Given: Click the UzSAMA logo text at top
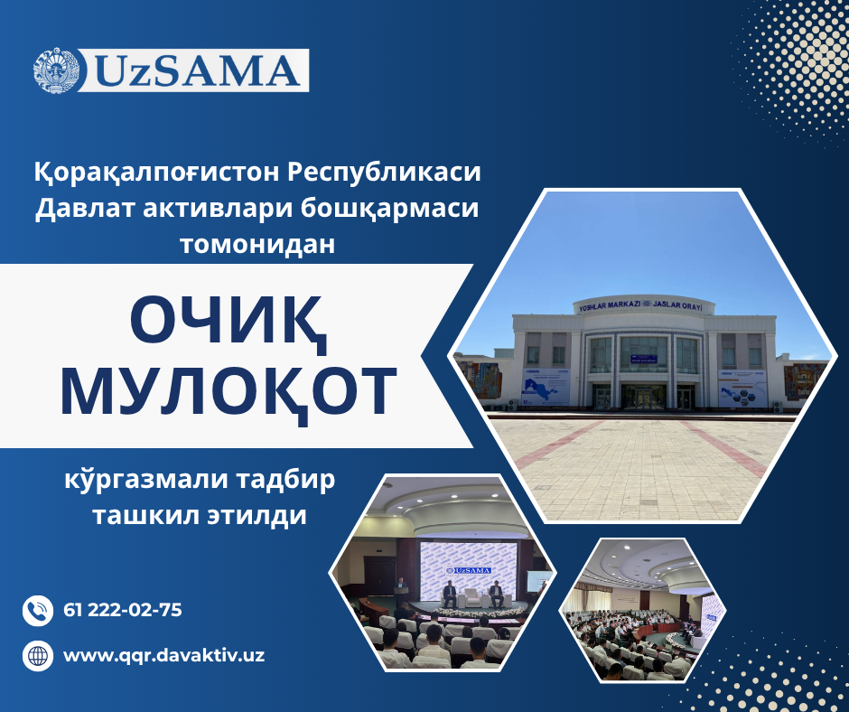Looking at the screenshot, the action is coord(199,71).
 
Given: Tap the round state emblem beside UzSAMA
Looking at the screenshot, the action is coord(56,70).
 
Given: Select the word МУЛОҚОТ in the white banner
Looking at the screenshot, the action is coord(229,390).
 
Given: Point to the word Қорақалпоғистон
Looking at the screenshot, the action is coord(157,173).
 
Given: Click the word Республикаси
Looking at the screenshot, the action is coord(384,173).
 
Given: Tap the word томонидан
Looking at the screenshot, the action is coord(257,244).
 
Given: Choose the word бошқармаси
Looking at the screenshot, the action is coord(390,209).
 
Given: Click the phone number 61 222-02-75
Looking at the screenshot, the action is coord(123,610).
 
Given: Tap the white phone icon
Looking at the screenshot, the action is coord(38,611).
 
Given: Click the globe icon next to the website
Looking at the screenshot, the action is coord(38,656).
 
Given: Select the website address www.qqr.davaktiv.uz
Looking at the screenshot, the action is coord(164,656).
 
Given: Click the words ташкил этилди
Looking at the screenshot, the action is coord(200,516).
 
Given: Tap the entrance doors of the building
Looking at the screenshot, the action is coord(643,398).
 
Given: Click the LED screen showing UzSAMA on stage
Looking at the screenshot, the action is coord(468,570).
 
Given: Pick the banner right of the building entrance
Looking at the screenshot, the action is coord(742,388).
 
